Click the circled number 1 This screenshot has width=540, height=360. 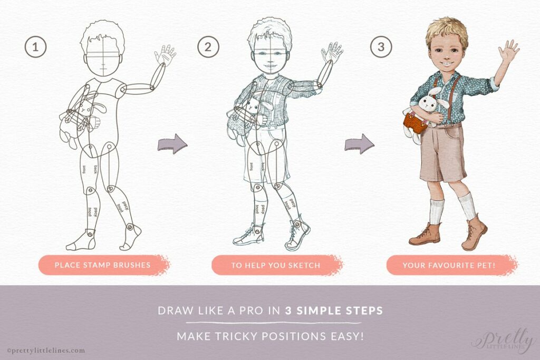(x=35, y=47)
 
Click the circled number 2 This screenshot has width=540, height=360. (x=208, y=47)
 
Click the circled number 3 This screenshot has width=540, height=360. (x=381, y=47)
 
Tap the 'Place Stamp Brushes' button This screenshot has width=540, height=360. (x=102, y=265)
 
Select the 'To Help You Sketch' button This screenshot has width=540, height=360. (x=275, y=265)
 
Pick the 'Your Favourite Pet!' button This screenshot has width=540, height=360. (x=449, y=265)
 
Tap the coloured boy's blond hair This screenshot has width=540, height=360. (x=447, y=29)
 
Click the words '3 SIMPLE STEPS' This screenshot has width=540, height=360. (x=334, y=310)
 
